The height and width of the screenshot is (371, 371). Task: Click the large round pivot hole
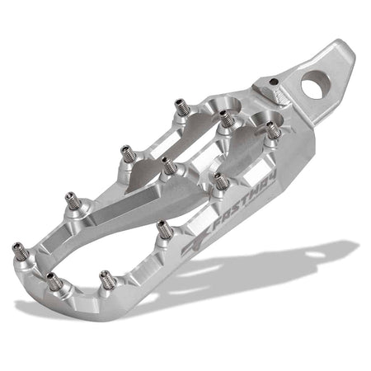[x=314, y=83]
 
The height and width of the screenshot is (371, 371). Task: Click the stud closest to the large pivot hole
[x=271, y=129]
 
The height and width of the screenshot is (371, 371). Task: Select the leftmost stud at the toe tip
[x=17, y=248]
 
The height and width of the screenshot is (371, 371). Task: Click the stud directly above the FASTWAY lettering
[x=220, y=181]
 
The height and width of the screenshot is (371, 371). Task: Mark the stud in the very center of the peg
[x=167, y=165]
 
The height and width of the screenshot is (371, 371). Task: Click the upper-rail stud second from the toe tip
[x=69, y=200]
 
